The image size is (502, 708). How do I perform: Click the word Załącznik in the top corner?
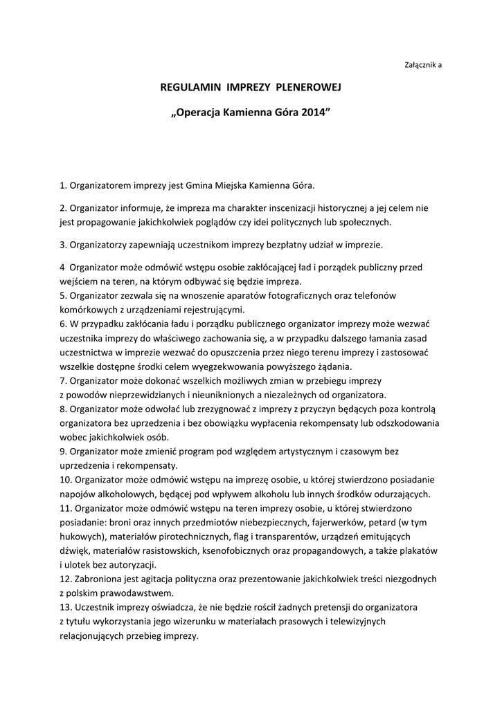(419, 65)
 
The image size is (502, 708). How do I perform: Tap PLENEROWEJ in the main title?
(309, 88)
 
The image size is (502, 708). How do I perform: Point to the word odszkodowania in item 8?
(403, 423)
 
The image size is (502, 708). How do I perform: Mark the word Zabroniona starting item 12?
(101, 579)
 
